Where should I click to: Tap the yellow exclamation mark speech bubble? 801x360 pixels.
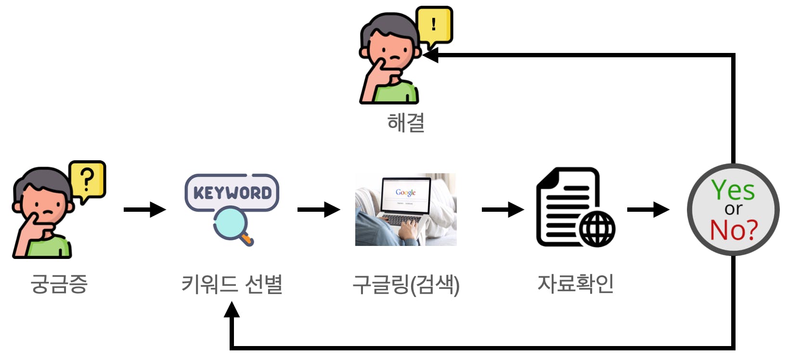434,25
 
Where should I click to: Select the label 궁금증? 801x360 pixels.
59,283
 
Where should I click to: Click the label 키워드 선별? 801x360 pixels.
232,283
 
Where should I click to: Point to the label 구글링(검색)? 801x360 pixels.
406,284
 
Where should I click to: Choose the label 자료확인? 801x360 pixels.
575,283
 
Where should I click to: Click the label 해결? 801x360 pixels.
406,122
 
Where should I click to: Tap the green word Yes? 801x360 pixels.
733,191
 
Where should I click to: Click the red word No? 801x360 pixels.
734,230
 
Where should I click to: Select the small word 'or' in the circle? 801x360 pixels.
733,209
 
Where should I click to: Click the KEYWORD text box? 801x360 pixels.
232,193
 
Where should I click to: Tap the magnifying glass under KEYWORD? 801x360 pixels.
231,224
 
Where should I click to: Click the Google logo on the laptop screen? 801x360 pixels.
405,192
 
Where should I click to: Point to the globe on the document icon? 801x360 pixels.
597,229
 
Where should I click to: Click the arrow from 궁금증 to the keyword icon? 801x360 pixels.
144,209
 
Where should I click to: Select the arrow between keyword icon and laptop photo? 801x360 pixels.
319,209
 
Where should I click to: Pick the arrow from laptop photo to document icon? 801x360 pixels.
503,209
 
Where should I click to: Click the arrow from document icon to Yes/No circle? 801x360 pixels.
648,209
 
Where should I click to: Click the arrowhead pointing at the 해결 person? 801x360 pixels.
430,55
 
